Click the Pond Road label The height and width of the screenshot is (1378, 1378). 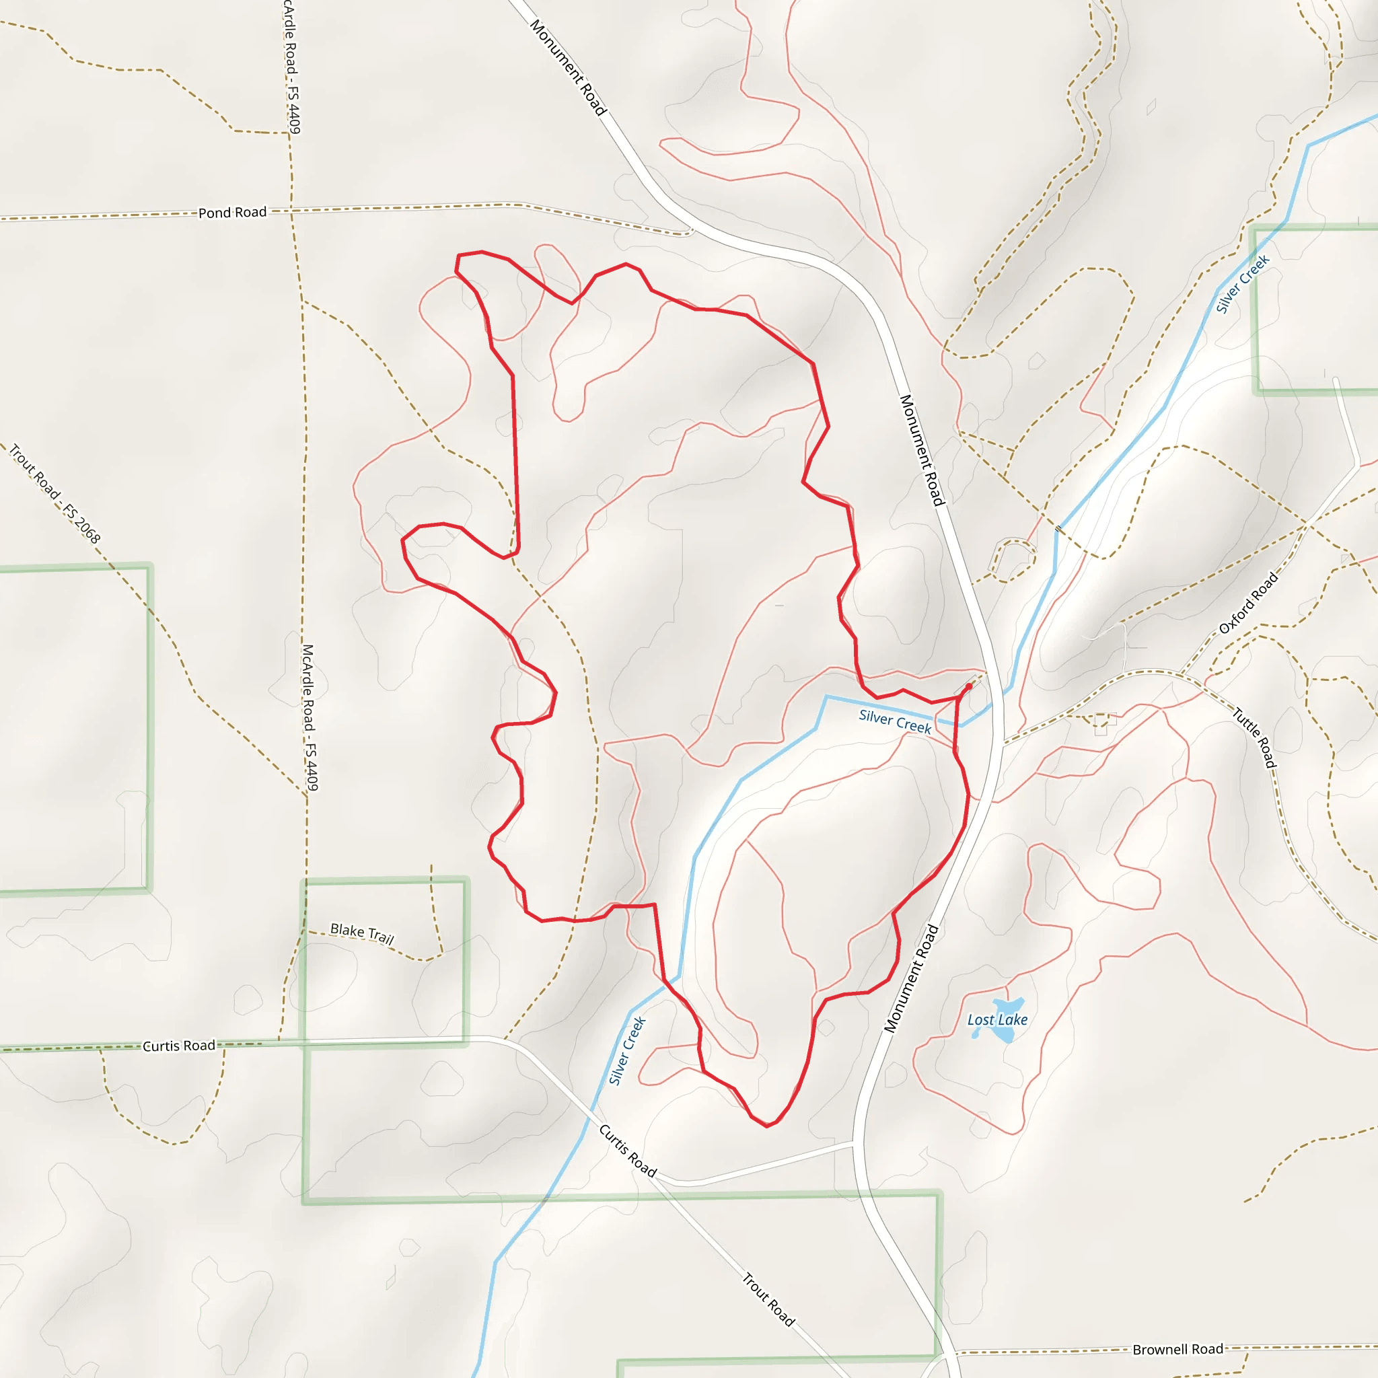pos(233,213)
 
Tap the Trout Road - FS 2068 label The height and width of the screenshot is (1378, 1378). pos(55,493)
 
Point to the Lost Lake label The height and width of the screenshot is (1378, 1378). pos(997,1020)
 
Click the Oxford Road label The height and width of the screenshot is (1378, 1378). pos(1248,604)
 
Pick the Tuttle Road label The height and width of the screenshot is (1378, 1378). pos(1255,737)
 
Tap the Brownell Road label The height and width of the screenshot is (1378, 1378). pos(1177,1350)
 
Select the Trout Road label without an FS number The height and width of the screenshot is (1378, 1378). pos(768,1299)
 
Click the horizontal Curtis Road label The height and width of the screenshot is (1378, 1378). pos(179,1046)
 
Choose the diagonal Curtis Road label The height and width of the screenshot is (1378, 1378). pos(628,1151)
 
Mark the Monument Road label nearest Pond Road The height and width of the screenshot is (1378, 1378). pos(569,68)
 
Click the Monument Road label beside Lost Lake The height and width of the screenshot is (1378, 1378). pos(912,978)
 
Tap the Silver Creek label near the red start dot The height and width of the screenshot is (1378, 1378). pos(895,721)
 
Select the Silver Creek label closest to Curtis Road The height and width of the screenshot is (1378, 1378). pos(627,1050)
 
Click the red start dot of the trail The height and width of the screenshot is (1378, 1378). pos(969,686)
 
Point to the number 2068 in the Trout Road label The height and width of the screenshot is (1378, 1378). pos(86,528)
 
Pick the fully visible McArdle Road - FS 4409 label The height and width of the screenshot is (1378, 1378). pos(310,717)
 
